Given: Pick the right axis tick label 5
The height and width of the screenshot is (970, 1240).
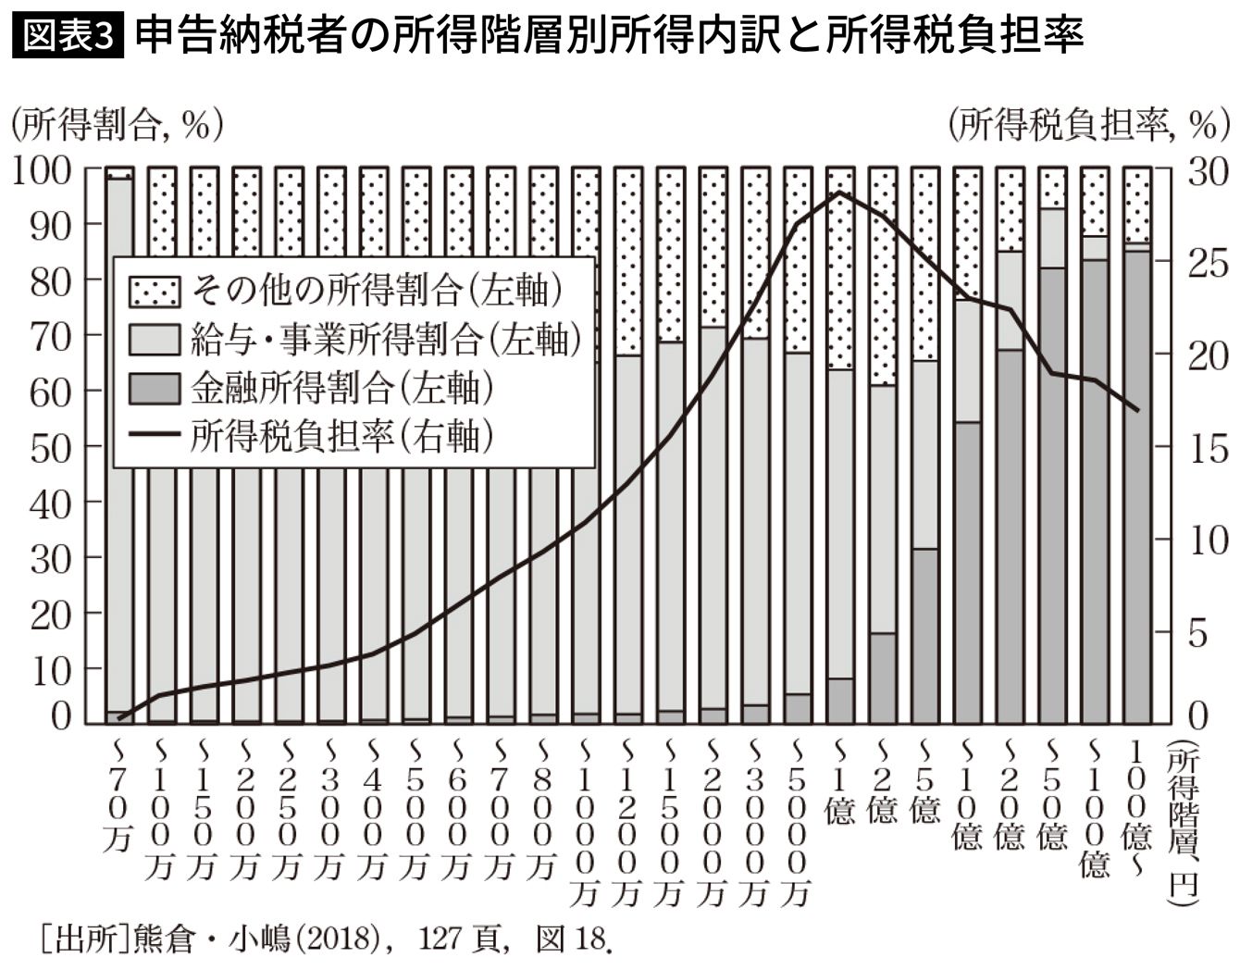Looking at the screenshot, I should coord(1198,633).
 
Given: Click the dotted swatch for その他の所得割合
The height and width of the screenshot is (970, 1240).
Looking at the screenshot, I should coord(153,291).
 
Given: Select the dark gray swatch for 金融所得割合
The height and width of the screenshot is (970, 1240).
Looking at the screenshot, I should coord(153,388).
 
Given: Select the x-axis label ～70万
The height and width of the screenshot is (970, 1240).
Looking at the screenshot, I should coord(118,796).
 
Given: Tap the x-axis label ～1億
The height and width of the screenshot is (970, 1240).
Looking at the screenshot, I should coord(839,783).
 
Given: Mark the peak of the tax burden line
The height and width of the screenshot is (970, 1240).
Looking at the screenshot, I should coord(839,193).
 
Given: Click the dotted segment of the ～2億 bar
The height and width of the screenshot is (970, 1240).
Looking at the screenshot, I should coord(882,278).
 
